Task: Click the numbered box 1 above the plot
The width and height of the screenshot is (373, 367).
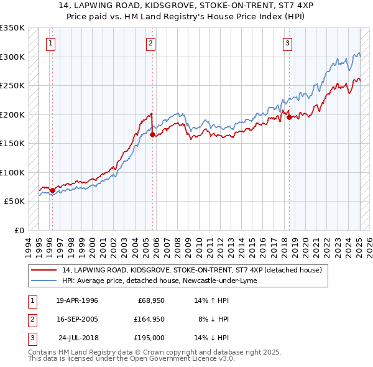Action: pos(50,43)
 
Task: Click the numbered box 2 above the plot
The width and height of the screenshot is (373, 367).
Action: pos(150,43)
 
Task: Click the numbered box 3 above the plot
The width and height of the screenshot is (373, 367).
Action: pos(288,43)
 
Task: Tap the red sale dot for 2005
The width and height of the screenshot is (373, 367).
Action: pos(153,134)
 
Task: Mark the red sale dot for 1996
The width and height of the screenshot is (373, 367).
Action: pos(52,190)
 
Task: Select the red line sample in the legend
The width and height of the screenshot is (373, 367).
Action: pos(45,271)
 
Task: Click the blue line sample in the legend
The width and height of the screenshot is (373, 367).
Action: pos(45,281)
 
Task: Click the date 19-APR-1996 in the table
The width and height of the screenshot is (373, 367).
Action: pos(77,301)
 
